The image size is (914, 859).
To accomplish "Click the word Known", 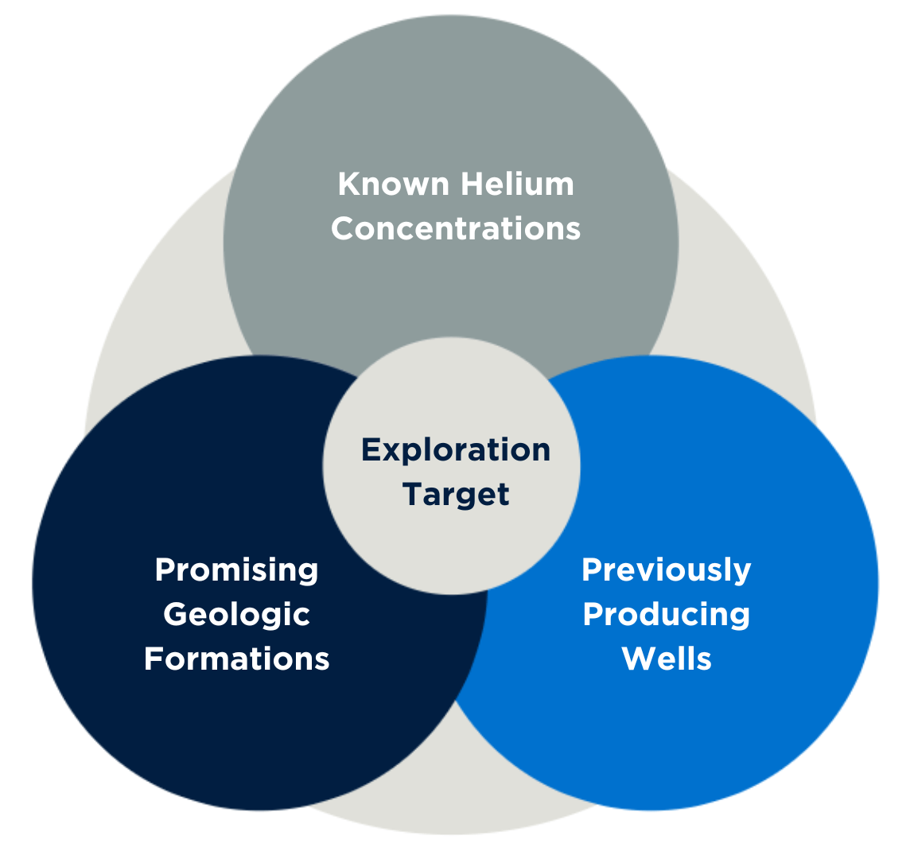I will point(390,185).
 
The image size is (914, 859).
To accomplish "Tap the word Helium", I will point(516,185).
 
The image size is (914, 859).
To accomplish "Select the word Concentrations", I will point(456,229).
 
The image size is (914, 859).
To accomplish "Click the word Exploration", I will point(456,450).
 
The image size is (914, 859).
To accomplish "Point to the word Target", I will point(456,495).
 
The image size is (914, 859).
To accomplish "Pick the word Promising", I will point(236,570).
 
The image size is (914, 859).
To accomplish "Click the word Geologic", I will point(236,614).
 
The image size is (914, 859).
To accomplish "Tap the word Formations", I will point(236,659).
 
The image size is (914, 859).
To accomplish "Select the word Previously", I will point(666,570).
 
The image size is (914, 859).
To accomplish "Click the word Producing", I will point(666,614).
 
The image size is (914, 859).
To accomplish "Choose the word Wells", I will point(666,659).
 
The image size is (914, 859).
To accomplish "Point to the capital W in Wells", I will point(638,659).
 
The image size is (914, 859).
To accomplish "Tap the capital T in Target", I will point(413,495).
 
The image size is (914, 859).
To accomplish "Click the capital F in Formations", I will point(153,659).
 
